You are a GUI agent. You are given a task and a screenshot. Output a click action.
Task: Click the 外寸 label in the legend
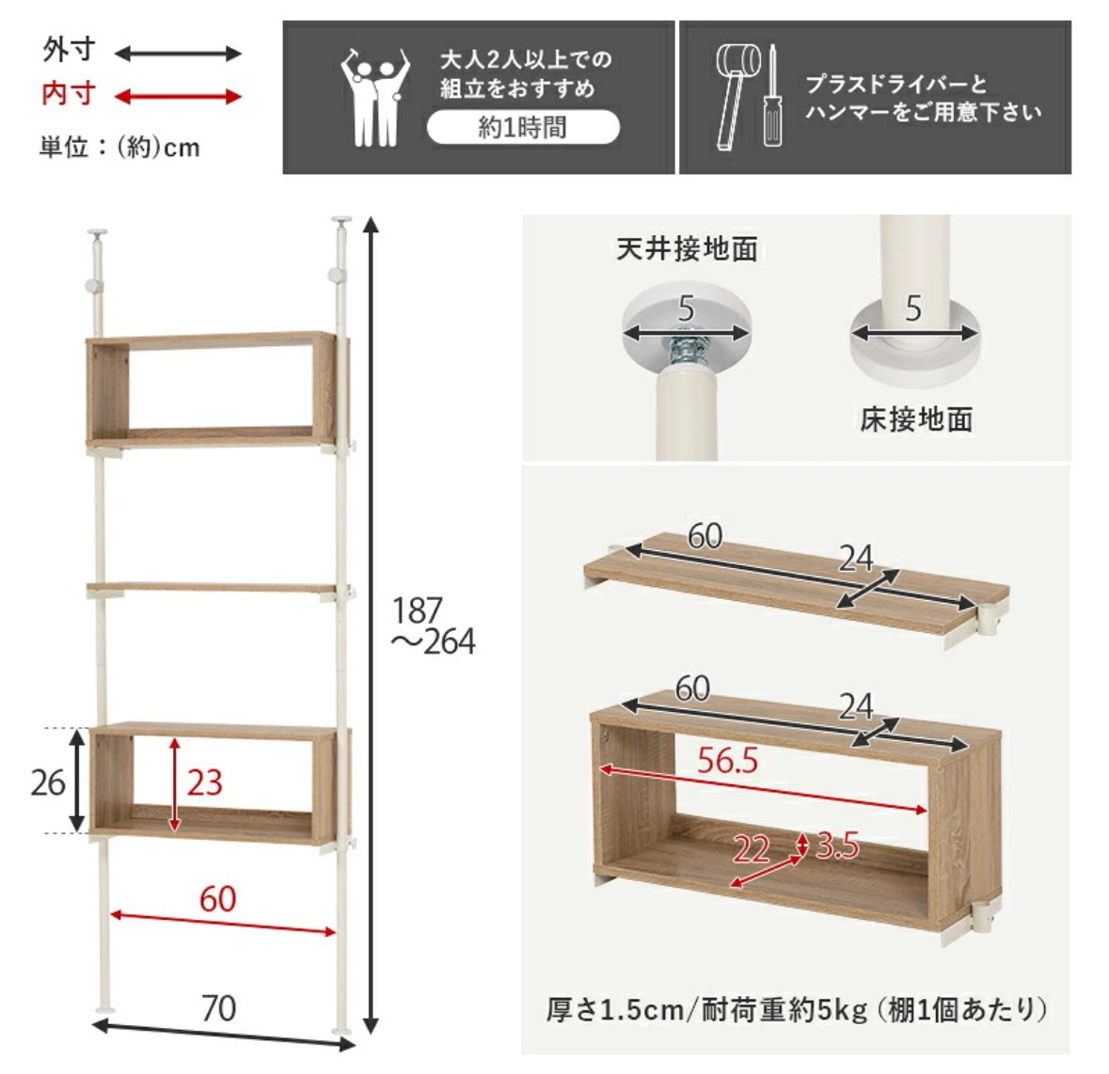point(69,50)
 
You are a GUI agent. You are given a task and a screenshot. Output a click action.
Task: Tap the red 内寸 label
point(69,94)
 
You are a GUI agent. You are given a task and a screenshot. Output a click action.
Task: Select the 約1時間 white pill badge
point(523,128)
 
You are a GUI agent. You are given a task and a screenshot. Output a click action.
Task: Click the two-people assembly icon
point(374,97)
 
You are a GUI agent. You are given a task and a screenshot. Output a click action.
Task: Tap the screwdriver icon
point(772,95)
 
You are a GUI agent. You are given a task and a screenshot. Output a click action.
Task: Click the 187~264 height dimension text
point(433,626)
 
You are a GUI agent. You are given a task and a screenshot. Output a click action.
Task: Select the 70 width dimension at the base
point(218,1008)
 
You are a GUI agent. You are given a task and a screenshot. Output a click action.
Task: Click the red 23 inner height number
point(204,782)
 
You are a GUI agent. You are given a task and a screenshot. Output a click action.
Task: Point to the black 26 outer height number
point(48,782)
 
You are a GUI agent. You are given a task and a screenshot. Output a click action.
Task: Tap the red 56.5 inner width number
point(727,760)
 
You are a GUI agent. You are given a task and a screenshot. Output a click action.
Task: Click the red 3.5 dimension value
point(837,845)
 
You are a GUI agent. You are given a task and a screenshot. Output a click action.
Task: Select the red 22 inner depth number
point(751,849)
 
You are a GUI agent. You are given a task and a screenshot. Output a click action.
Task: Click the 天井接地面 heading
point(687,249)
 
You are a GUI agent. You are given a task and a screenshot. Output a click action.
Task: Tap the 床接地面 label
point(916,419)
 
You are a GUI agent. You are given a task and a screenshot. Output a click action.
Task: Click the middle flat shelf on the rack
point(212,589)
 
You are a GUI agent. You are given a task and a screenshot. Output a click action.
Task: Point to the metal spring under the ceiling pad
point(685,350)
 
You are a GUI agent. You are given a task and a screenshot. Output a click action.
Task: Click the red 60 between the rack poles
point(218,899)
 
